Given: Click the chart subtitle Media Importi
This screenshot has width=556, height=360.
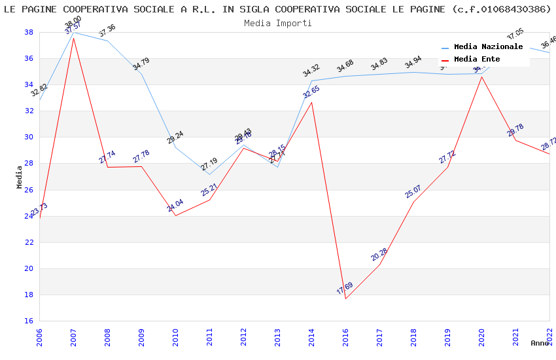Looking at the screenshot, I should point(277,23).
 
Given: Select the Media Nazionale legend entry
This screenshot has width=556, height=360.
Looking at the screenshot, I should point(488,47).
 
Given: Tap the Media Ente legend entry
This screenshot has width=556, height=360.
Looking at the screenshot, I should point(477,60).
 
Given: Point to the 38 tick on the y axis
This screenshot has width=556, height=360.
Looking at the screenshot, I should point(29,32).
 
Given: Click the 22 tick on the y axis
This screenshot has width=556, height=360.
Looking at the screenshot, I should point(29,242).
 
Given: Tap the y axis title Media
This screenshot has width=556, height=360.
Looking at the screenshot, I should point(20,177).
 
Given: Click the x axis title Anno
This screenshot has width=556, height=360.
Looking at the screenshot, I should point(540,343).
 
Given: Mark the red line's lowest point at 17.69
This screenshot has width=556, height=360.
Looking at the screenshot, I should point(345,298).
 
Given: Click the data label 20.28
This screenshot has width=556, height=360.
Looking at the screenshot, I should point(379,255).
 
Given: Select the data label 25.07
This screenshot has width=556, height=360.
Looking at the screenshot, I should point(413,192).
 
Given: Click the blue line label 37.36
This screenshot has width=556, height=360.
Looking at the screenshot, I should point(107,31).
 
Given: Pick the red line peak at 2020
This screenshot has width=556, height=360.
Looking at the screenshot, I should point(482,77).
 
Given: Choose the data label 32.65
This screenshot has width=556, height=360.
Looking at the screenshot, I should point(311,92).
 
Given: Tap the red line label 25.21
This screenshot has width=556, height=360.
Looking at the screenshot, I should point(209,190).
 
